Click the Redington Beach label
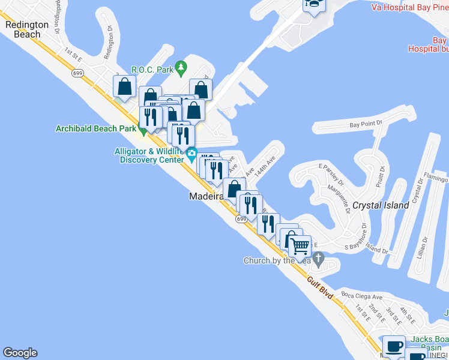(x=27, y=29)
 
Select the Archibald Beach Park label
(x=95, y=128)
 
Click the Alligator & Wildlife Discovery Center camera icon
(x=191, y=154)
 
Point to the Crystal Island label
(x=381, y=205)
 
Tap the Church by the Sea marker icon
(x=319, y=260)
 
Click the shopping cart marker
(x=300, y=246)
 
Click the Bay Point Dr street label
(x=366, y=125)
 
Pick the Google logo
(x=20, y=353)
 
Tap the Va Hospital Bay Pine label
(x=410, y=7)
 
